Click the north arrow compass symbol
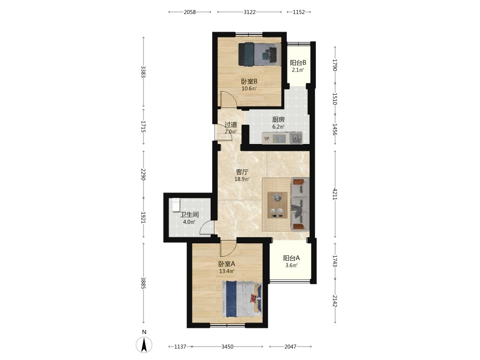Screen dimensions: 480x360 [x=144, y=344]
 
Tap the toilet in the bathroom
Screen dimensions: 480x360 [x=176, y=205]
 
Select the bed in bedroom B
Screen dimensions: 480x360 [x=260, y=54]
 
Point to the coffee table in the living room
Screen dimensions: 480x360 [x=277, y=205]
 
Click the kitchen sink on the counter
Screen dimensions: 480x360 [x=296, y=138]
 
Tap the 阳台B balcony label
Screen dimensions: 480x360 [x=298, y=63]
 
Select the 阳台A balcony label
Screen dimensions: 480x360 [x=291, y=258]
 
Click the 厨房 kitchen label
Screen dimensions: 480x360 [x=278, y=120]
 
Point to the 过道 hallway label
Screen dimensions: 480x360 [x=230, y=125]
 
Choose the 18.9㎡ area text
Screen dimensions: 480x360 [x=242, y=179]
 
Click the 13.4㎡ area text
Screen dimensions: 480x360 [x=227, y=271]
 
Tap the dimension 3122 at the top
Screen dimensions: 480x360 [x=250, y=12]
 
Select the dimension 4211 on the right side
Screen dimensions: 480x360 [x=335, y=194]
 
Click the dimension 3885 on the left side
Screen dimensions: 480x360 [x=143, y=283]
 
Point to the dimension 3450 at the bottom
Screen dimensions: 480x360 [x=228, y=347]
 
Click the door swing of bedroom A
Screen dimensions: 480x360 [x=228, y=249]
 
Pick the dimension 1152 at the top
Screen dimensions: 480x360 [x=299, y=12]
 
